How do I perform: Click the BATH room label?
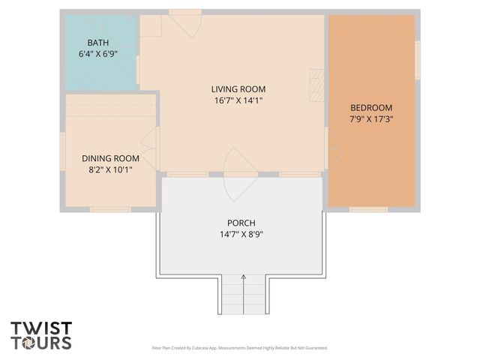pyautogui.click(x=97, y=43)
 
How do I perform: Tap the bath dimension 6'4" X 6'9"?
pyautogui.click(x=97, y=54)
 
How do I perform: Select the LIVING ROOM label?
pyautogui.click(x=238, y=88)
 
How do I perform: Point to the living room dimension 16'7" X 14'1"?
pyautogui.click(x=238, y=100)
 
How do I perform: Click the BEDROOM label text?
pyautogui.click(x=370, y=107)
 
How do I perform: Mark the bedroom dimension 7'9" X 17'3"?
pyautogui.click(x=370, y=118)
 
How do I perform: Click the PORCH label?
pyautogui.click(x=241, y=223)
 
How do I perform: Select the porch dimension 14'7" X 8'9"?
pyautogui.click(x=241, y=234)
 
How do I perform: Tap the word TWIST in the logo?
pyautogui.click(x=41, y=328)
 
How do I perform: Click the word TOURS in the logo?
pyautogui.click(x=41, y=343)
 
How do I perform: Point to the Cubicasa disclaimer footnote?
pyautogui.click(x=240, y=348)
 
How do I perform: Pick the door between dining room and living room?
pyautogui.click(x=151, y=140)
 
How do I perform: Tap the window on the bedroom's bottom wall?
pyautogui.click(x=369, y=208)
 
